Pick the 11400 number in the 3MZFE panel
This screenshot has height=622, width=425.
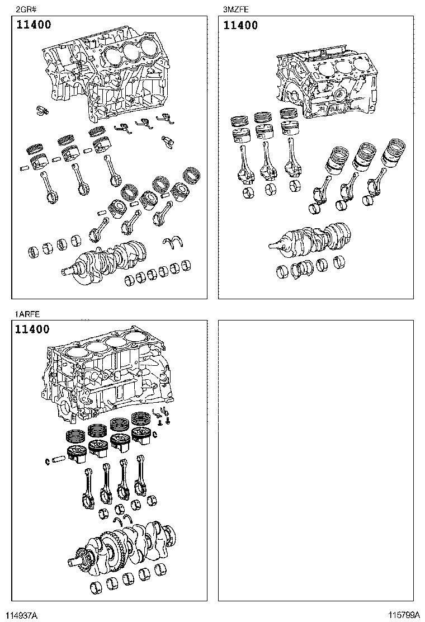coord(240,25)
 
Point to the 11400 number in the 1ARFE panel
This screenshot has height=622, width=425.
coord(32,329)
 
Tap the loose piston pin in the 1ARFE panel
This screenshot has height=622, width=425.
coord(59,460)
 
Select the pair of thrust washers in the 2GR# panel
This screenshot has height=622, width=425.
coord(174,242)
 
